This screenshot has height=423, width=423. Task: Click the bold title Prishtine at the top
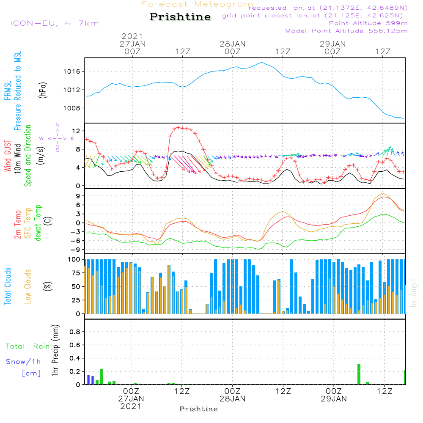pyautogui.click(x=180, y=17)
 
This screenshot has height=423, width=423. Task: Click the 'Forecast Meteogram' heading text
pyautogui.click(x=197, y=4)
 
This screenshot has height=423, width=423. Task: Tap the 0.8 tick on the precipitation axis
pyautogui.click(x=74, y=332)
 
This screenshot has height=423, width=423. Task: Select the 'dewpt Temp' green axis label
pyautogui.click(x=38, y=223)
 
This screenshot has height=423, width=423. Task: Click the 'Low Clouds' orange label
pyautogui.click(x=28, y=286)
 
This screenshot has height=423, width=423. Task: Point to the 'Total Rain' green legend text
pyautogui.click(x=27, y=346)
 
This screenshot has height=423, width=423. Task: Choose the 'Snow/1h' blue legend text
pyautogui.click(x=23, y=362)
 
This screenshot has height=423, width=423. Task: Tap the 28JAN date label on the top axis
pyautogui.click(x=233, y=44)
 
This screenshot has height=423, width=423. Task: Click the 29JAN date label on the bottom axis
pyautogui.click(x=333, y=399)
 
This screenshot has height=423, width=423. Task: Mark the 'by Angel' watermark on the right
pyautogui.click(x=414, y=294)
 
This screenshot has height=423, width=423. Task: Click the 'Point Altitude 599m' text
pyautogui.click(x=368, y=23)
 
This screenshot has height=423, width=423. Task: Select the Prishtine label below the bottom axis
pyautogui.click(x=198, y=409)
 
